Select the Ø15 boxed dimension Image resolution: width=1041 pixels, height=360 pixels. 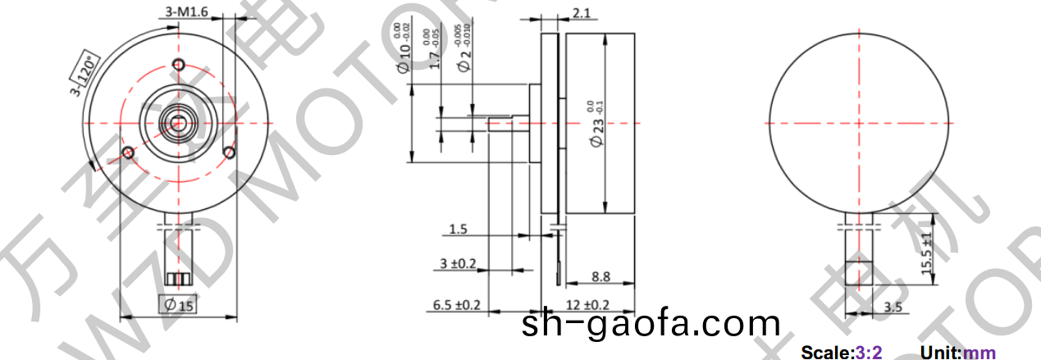(x=180, y=306)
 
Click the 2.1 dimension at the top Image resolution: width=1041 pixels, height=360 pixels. (x=582, y=13)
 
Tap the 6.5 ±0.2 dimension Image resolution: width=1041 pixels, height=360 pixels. (x=456, y=305)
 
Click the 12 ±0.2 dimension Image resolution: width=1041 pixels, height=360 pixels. (x=587, y=305)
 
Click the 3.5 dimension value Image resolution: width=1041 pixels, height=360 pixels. (x=894, y=308)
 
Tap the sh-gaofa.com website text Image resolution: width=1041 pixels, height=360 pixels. (x=651, y=325)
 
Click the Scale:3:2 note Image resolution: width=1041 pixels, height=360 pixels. (x=841, y=353)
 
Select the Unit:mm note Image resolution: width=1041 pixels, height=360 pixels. (x=958, y=353)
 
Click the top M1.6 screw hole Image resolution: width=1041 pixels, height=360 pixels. (x=179, y=66)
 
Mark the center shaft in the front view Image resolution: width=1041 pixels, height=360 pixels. (x=178, y=123)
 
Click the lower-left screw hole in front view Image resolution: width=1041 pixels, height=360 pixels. (x=128, y=152)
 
